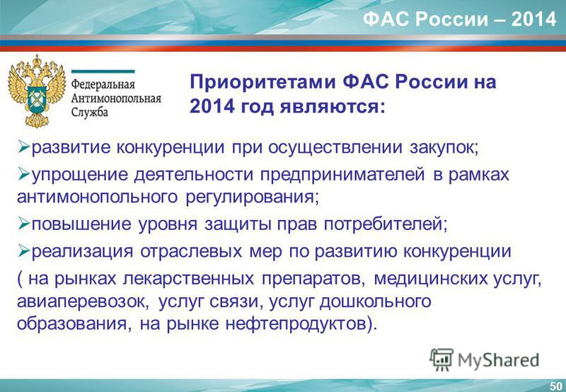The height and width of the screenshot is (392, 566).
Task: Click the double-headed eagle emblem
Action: pyautogui.click(x=37, y=91)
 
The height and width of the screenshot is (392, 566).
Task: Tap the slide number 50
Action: pyautogui.click(x=556, y=386)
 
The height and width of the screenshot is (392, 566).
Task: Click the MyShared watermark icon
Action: pyautogui.click(x=441, y=359)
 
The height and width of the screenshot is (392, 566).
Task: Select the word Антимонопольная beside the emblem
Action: pyautogui.click(x=116, y=98)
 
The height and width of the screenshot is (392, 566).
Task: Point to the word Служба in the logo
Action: pyautogui.click(x=90, y=112)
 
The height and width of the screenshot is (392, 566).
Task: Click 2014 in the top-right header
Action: pyautogui.click(x=533, y=19)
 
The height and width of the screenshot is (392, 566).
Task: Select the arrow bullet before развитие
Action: pyautogui.click(x=24, y=147)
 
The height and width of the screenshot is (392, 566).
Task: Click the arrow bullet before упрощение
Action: pyautogui.click(x=24, y=175)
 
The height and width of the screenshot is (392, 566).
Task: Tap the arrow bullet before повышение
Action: pyautogui.click(x=24, y=224)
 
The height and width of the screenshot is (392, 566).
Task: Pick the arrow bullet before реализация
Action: pyautogui.click(x=24, y=251)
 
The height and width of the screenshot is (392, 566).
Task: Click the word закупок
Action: pyautogui.click(x=444, y=149)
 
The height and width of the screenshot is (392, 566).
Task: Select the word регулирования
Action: pyautogui.click(x=253, y=197)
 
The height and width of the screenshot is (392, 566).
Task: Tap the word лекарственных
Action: pyautogui.click(x=188, y=279)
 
